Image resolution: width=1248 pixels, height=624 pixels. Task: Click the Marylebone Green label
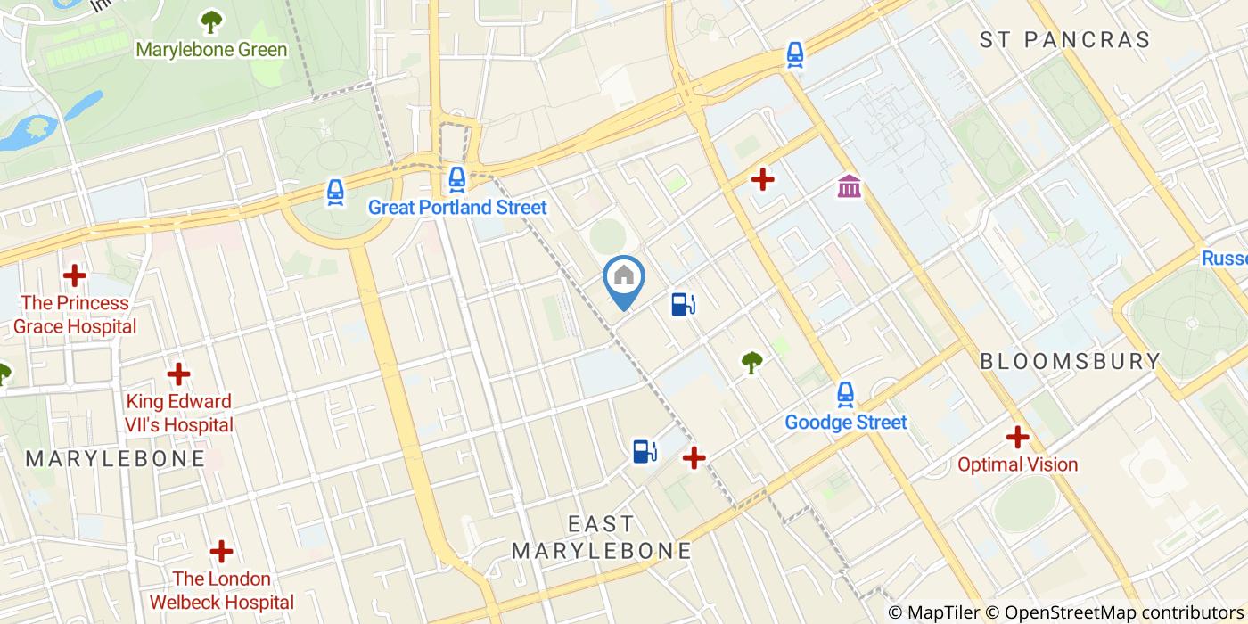tap(211, 49)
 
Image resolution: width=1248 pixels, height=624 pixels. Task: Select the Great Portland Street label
tap(457, 208)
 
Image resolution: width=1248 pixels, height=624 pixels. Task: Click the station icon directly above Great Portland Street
tap(457, 179)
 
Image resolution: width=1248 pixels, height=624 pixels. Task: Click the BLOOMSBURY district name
tap(1070, 361)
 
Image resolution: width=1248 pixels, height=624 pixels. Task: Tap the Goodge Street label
tap(845, 422)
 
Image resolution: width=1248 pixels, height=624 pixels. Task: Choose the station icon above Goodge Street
tap(845, 393)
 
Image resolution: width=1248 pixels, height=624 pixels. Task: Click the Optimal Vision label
tap(1017, 464)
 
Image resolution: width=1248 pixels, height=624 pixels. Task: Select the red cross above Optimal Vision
tap(1017, 437)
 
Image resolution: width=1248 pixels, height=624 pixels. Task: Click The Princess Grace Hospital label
tap(75, 315)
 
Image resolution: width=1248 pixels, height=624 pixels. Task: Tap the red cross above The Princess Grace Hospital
tap(75, 275)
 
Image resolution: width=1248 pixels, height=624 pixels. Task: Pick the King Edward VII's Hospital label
tap(179, 413)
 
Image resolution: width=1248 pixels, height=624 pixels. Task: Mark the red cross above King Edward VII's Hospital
tap(179, 374)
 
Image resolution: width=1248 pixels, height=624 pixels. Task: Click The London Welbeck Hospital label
tap(221, 591)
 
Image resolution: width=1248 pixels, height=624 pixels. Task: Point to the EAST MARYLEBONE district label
tap(602, 537)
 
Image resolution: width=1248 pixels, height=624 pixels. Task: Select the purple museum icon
tap(849, 187)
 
